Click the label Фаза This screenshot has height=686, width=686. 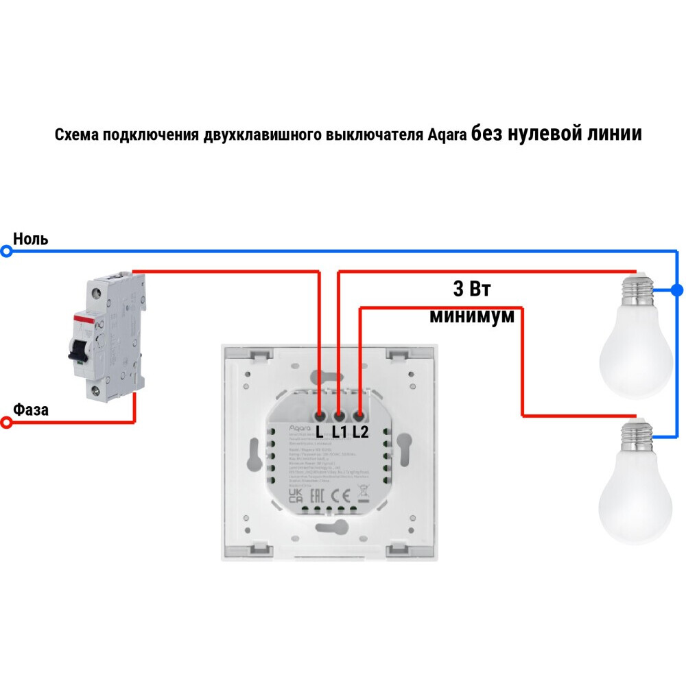(x=31, y=410)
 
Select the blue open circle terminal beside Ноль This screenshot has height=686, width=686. (x=7, y=252)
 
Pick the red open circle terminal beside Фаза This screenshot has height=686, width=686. (x=7, y=423)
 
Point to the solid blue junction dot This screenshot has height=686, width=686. (x=677, y=290)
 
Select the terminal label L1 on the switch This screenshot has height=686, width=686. (x=340, y=432)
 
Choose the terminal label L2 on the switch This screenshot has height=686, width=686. (x=361, y=432)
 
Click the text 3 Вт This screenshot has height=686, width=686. (x=472, y=288)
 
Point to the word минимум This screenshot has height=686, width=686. (x=472, y=316)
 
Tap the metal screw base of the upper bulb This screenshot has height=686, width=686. (x=635, y=292)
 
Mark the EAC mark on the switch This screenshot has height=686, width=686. (x=317, y=495)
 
